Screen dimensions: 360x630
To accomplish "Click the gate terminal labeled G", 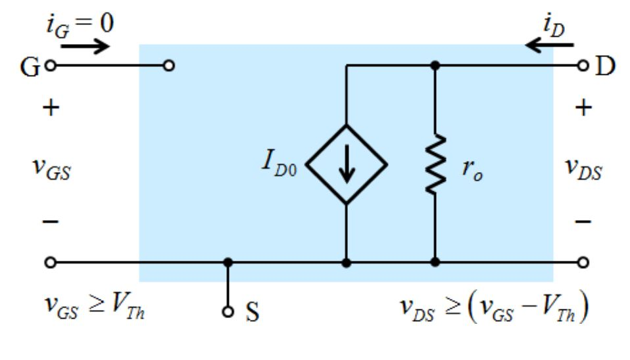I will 30,67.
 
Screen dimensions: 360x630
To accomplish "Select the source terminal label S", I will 252,312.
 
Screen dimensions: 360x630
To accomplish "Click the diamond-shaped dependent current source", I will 347,164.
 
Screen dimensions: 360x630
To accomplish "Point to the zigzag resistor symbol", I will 435,164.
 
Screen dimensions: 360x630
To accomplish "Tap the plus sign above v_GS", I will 50,109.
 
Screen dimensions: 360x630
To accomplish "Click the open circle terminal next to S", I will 228,311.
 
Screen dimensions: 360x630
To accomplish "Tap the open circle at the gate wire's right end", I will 169,66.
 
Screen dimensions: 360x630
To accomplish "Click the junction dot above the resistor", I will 435,66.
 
